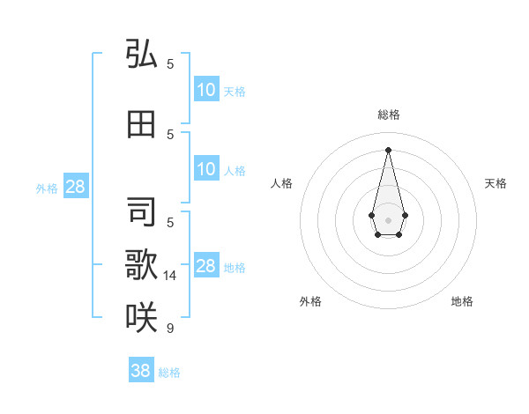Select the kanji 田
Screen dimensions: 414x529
click(141, 124)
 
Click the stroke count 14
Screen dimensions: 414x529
click(170, 276)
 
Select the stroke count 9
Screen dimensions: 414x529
click(169, 329)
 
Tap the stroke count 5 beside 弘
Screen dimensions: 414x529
click(170, 64)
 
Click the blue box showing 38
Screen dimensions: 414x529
click(140, 371)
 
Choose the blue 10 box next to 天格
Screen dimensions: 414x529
click(206, 90)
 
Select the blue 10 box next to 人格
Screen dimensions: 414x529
click(206, 169)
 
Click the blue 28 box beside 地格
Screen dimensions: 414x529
click(206, 266)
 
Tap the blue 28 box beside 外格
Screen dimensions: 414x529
click(75, 187)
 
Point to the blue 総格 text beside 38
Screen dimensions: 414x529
click(169, 373)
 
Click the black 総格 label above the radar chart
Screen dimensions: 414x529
click(388, 115)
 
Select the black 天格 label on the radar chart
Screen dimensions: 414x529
click(495, 183)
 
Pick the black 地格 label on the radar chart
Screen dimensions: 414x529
click(462, 301)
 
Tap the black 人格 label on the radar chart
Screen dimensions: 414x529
click(281, 183)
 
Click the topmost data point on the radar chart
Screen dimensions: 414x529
click(388, 149)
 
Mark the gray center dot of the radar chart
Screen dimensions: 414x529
click(388, 218)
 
